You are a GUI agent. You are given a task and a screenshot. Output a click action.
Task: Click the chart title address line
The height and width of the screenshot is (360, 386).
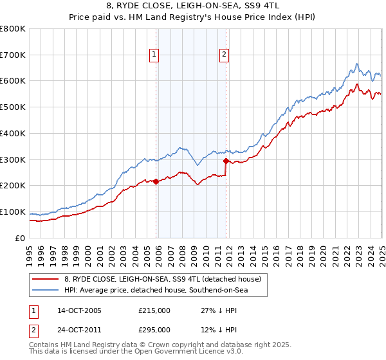click(192, 8)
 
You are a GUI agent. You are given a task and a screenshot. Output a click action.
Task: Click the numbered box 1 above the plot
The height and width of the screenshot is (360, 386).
click(155, 56)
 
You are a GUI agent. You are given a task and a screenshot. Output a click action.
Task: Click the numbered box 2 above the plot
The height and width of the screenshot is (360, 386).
click(224, 56)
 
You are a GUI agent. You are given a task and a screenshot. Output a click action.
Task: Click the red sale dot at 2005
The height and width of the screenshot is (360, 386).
click(156, 181)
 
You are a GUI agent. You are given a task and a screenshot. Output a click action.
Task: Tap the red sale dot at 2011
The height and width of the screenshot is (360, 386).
click(226, 161)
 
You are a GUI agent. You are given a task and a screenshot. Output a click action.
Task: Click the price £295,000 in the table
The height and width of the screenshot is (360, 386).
click(154, 330)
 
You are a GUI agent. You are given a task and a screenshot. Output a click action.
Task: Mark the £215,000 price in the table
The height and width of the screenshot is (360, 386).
click(154, 310)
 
